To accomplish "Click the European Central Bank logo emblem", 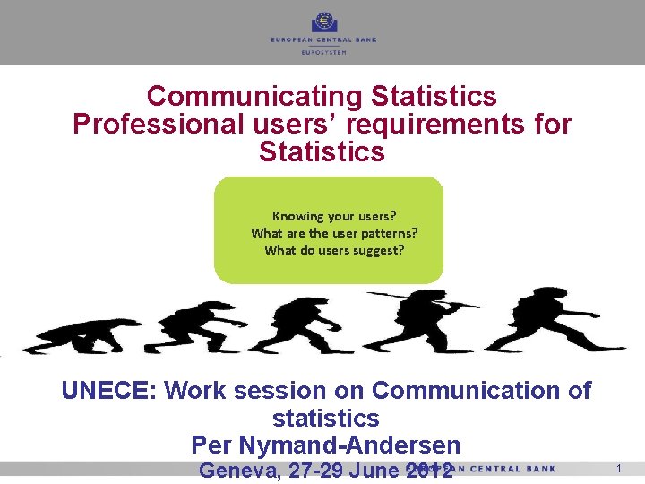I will [323, 22].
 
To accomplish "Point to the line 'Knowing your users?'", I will [334, 216].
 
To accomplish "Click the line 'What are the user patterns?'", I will [334, 233].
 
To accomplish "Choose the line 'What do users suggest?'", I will [334, 250].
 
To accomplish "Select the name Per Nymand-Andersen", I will [326, 445].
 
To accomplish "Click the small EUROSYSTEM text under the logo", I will [323, 53].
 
